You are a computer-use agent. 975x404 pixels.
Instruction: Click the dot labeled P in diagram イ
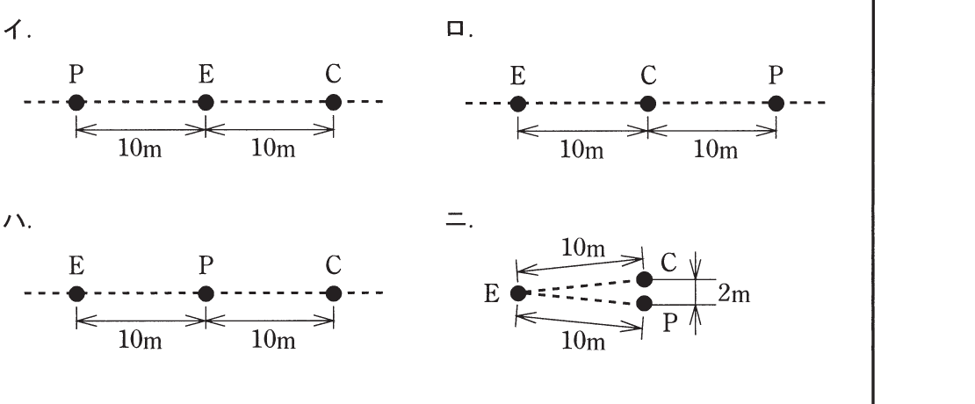76,102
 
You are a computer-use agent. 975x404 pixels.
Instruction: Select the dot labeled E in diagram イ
206,102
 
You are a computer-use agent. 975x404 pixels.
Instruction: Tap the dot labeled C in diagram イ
333,102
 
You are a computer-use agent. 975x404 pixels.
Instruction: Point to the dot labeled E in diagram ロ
518,104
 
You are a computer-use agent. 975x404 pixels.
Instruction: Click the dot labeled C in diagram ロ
647,104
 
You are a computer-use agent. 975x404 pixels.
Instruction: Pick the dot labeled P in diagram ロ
776,104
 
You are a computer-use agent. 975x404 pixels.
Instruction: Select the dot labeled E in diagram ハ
76,293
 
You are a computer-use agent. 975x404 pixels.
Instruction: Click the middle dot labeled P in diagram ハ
206,293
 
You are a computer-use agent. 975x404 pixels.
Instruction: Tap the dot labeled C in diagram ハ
333,293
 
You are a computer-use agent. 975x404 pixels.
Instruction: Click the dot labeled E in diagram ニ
518,292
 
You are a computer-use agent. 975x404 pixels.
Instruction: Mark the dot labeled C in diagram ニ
644,279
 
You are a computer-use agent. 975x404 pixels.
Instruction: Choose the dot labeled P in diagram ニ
644,303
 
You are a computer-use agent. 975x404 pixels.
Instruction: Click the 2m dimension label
733,294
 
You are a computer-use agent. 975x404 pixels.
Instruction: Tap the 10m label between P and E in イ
140,149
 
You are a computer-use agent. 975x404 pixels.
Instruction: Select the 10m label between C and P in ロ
716,150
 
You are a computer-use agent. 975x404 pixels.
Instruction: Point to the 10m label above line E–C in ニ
582,248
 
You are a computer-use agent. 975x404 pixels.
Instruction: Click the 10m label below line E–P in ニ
582,342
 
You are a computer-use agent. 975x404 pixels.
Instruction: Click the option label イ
16,29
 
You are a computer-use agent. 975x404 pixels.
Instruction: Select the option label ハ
16,220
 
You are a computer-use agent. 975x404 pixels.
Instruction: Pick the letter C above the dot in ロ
648,76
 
